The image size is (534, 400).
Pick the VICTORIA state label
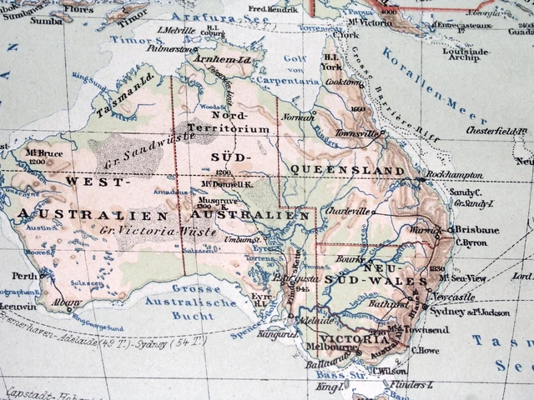[357, 337]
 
